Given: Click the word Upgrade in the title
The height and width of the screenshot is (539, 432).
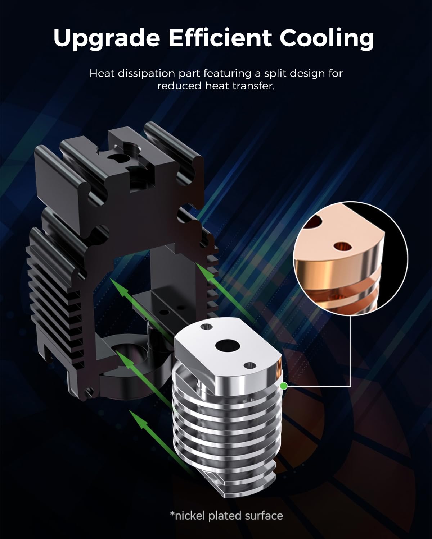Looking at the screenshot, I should coord(106,38).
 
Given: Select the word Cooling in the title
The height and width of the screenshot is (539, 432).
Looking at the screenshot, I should coord(327,38).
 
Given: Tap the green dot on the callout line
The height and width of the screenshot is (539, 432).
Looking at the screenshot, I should coord(284,386).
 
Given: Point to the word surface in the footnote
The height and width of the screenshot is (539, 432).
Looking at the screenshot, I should coord(264,516).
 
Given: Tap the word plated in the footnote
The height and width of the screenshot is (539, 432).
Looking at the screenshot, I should coord(225,516).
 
